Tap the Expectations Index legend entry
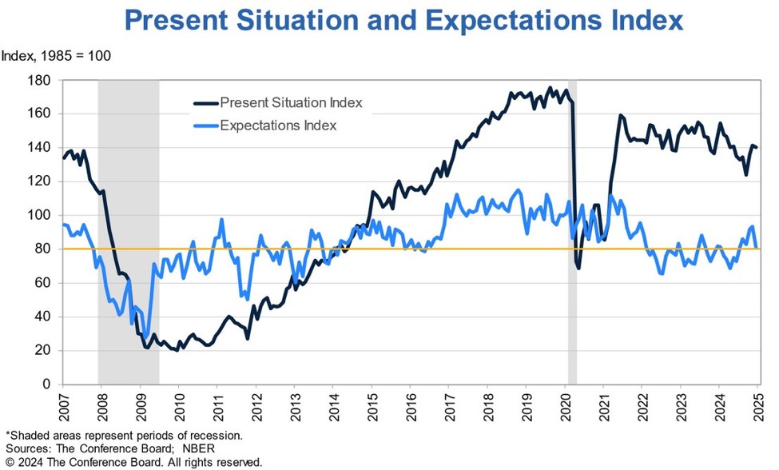coord(278,125)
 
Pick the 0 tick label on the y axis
coord(48,384)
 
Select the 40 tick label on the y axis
coord(45,317)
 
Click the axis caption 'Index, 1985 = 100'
coord(56,56)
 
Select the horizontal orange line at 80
coord(399,249)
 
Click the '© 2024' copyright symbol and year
coord(24,462)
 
